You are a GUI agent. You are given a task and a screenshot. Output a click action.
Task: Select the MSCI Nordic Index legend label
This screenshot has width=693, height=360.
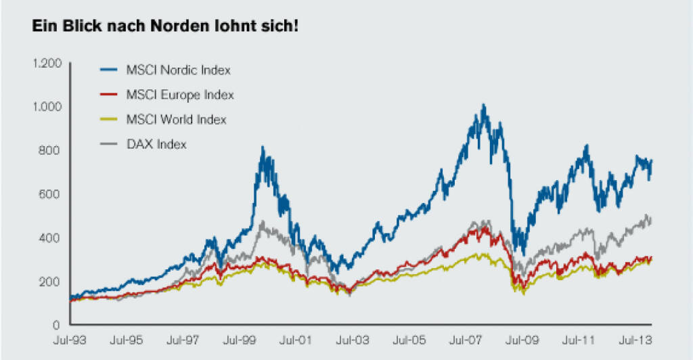pyautogui.click(x=179, y=70)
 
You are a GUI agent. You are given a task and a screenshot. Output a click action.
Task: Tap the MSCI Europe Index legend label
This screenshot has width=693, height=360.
pyautogui.click(x=180, y=95)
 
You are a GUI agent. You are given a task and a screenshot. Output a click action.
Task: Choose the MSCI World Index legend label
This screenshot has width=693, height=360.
pyautogui.click(x=176, y=119)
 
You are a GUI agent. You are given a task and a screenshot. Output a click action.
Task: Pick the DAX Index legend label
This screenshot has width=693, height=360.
pyautogui.click(x=156, y=143)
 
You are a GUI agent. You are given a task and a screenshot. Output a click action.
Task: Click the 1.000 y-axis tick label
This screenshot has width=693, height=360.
pyautogui.click(x=47, y=106)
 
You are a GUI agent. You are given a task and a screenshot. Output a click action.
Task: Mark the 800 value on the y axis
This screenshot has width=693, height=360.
pyautogui.click(x=51, y=150)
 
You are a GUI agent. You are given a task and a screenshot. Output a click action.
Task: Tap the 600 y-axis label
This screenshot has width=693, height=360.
pyautogui.click(x=51, y=194)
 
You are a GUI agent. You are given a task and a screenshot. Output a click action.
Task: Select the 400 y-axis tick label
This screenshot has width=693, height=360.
pyautogui.click(x=51, y=238)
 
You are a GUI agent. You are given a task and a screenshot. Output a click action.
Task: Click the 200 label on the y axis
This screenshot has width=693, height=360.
pyautogui.click(x=51, y=281)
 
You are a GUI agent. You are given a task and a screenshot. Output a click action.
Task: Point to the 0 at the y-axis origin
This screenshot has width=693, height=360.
pyautogui.click(x=58, y=324)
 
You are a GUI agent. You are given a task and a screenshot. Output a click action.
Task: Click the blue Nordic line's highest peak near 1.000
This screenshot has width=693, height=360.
pyautogui.click(x=483, y=106)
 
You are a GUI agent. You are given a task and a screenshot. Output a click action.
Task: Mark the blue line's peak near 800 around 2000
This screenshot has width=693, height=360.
pyautogui.click(x=263, y=148)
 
